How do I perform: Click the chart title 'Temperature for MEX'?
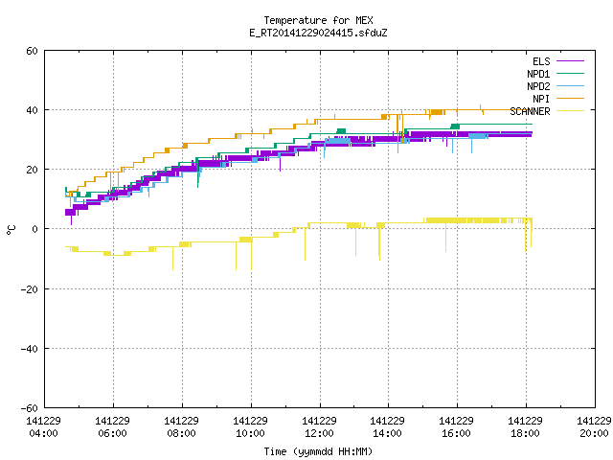[x=318, y=20]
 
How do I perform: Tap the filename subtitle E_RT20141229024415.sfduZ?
[x=318, y=33]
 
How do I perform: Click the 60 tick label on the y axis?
[x=32, y=51]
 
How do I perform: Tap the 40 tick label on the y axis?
[x=32, y=110]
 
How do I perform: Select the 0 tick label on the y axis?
[x=35, y=229]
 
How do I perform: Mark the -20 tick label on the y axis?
[x=30, y=289]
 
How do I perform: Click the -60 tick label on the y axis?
[x=30, y=408]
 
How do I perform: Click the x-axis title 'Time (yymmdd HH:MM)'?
[x=318, y=451]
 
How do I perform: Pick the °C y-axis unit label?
[x=11, y=230]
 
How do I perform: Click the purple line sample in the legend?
[x=570, y=61]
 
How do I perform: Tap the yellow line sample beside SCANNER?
[x=570, y=111]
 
